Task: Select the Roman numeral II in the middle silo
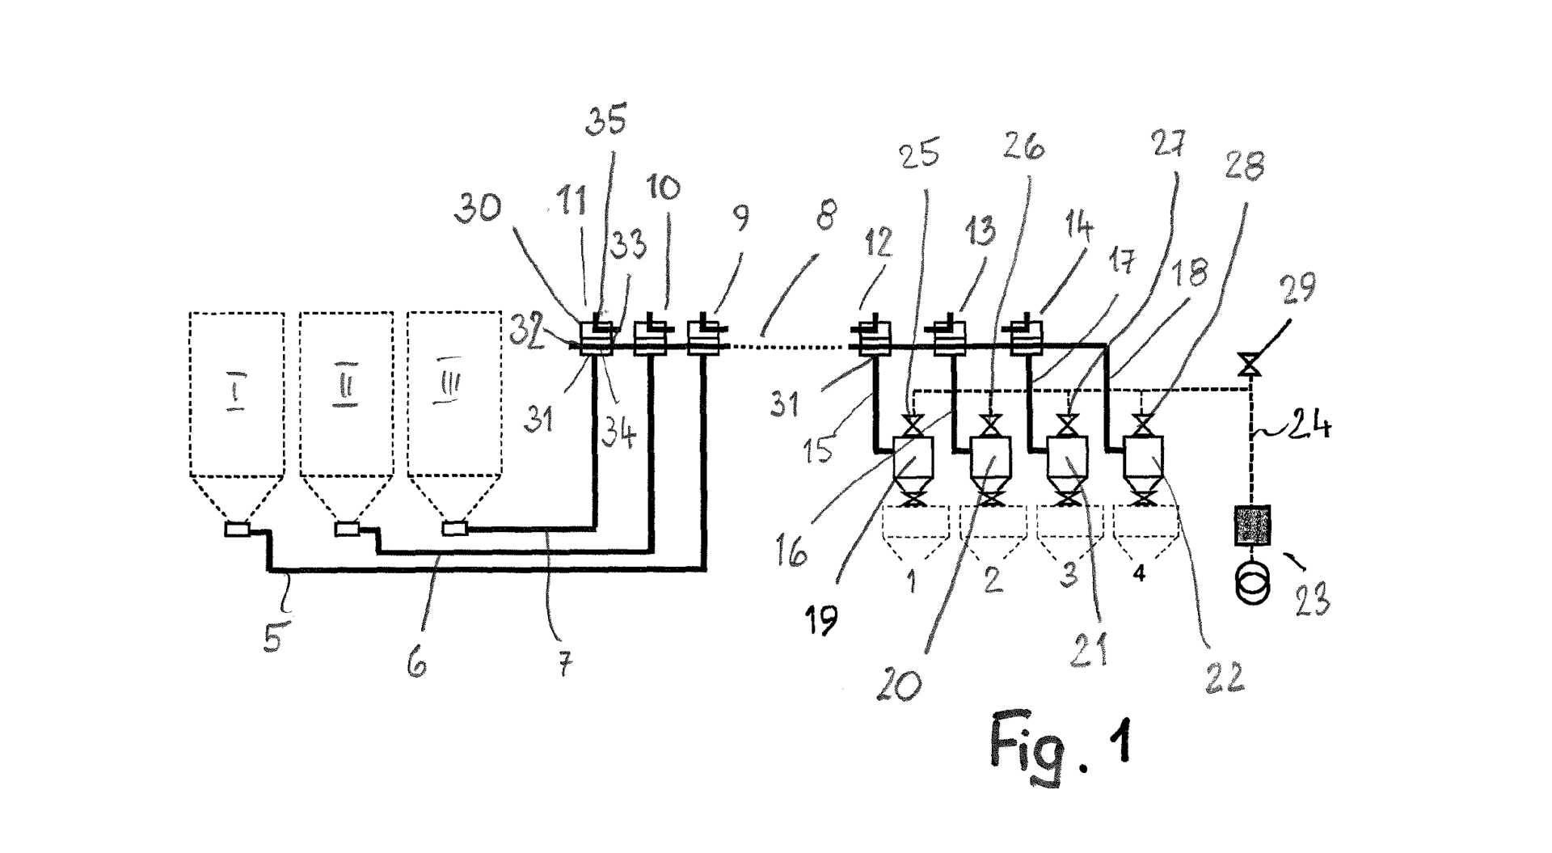click(345, 389)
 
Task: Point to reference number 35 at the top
click(605, 120)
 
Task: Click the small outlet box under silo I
click(237, 530)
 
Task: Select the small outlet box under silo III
click(455, 529)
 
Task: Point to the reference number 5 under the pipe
click(275, 636)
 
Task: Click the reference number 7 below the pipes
click(564, 665)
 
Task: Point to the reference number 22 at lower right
click(1223, 677)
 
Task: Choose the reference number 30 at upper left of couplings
click(478, 208)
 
